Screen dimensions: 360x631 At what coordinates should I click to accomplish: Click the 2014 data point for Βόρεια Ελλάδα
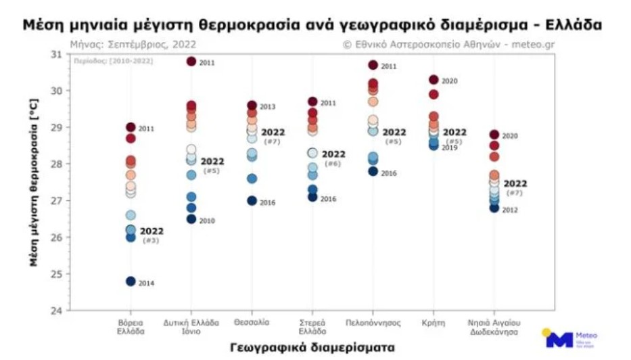pos(131,282)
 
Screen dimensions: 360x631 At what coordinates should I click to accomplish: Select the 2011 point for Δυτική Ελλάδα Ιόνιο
pos(191,62)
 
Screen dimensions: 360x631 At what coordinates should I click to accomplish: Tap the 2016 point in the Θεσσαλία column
pos(252,201)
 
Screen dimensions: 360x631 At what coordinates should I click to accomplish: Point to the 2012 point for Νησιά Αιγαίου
pos(494,208)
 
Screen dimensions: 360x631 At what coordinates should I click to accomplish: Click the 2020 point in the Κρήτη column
pos(434,80)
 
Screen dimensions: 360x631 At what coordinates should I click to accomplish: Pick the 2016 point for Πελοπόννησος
pos(373,172)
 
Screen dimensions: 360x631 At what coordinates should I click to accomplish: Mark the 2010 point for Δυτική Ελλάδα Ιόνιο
pos(191,219)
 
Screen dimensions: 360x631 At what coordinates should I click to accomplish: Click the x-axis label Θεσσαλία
pos(252,323)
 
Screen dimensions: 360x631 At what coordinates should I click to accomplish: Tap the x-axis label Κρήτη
pos(434,323)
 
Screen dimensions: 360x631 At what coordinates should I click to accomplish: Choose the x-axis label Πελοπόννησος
pos(373,323)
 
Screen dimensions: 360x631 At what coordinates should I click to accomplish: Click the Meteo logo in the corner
pos(568,338)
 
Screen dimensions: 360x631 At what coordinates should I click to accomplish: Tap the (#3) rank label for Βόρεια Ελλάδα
pos(150,241)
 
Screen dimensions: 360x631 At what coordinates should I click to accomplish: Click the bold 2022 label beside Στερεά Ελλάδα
pos(333,154)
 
